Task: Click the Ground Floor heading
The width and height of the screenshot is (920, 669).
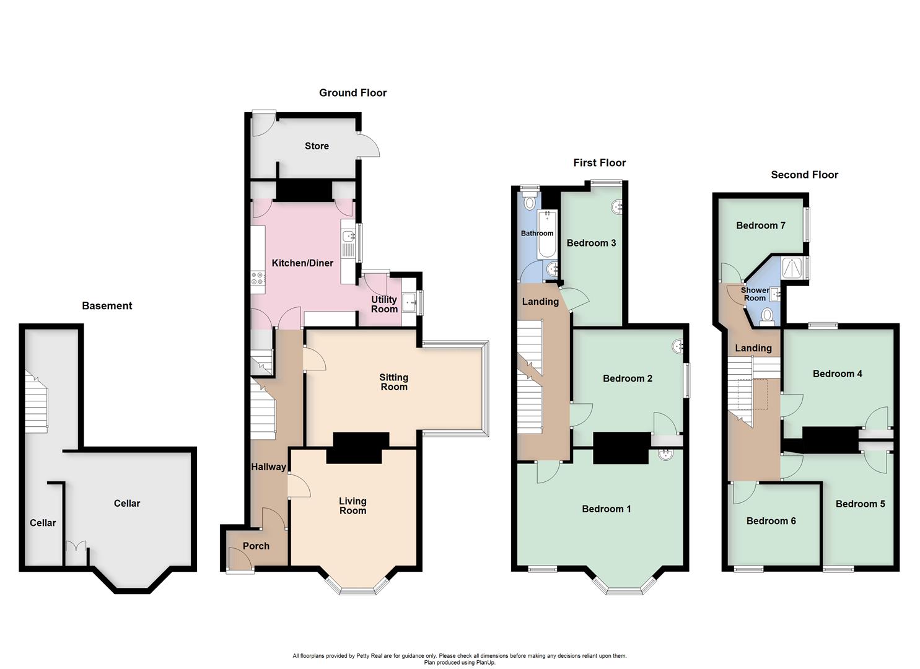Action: pyautogui.click(x=353, y=93)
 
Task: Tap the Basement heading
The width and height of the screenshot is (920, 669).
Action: pyautogui.click(x=107, y=306)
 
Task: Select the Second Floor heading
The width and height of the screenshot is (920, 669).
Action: pyautogui.click(x=804, y=175)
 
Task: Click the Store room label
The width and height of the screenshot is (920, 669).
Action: pyautogui.click(x=317, y=146)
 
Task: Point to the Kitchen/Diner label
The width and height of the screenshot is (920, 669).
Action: pyautogui.click(x=302, y=263)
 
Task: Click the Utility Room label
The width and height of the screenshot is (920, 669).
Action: pyautogui.click(x=384, y=304)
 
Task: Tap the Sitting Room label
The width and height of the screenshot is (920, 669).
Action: pyautogui.click(x=393, y=382)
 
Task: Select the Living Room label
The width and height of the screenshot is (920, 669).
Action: pyautogui.click(x=353, y=505)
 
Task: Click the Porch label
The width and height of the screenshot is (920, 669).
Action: pyautogui.click(x=256, y=546)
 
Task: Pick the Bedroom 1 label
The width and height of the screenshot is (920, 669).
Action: pyautogui.click(x=606, y=509)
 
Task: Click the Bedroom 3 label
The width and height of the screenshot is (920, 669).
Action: pyautogui.click(x=591, y=243)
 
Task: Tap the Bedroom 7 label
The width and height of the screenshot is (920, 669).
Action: pyautogui.click(x=760, y=225)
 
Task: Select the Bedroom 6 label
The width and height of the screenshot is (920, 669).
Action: pyautogui.click(x=771, y=521)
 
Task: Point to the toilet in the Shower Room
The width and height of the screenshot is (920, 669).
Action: pyautogui.click(x=768, y=317)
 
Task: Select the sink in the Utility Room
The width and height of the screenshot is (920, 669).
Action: pyautogui.click(x=410, y=303)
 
